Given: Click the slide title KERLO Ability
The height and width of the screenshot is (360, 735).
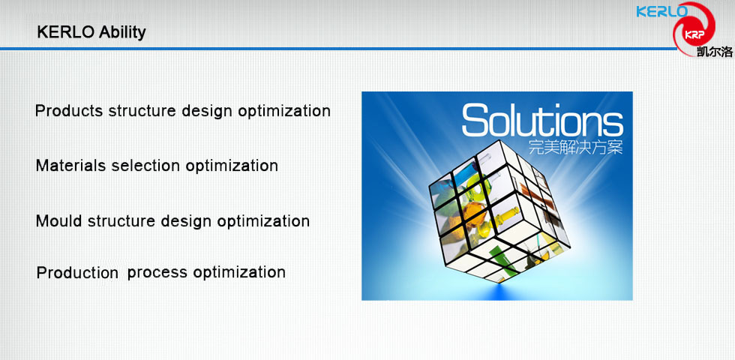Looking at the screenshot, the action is pyautogui.click(x=91, y=32).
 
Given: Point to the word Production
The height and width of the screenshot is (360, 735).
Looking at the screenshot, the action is pyautogui.click(x=77, y=272).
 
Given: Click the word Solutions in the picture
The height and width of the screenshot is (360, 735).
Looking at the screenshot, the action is pyautogui.click(x=542, y=120).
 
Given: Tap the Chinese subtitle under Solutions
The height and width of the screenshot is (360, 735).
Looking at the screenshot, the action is pyautogui.click(x=576, y=148).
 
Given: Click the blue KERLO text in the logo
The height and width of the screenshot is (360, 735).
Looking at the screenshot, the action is pyautogui.click(x=661, y=11).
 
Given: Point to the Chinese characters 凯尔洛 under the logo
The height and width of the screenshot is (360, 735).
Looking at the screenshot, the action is pyautogui.click(x=714, y=51).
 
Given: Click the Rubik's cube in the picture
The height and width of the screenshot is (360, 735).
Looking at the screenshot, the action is pyautogui.click(x=499, y=211).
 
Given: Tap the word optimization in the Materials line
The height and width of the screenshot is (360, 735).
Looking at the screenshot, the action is pyautogui.click(x=232, y=166).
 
